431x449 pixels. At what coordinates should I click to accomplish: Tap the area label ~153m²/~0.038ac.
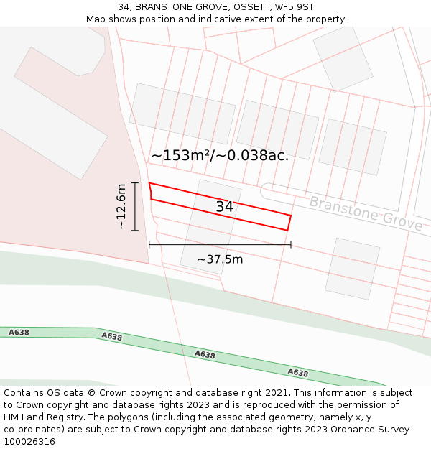pos(220,155)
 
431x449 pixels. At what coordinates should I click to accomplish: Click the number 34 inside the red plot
pos(224,207)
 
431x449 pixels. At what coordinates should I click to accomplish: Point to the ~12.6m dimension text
pos(121,206)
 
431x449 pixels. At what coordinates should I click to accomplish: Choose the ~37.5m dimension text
pos(220,259)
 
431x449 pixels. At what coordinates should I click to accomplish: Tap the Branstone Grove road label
pos(366,213)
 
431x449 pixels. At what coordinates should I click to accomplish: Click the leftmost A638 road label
pos(19,332)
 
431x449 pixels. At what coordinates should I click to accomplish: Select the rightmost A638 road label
pos(298,373)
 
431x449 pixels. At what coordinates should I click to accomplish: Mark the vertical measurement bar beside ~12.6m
pos(134,206)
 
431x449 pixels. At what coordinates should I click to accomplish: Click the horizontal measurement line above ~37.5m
pos(220,245)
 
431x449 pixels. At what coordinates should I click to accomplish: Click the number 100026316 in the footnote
pos(29,442)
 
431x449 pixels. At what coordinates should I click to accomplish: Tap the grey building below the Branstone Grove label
pos(352,268)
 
